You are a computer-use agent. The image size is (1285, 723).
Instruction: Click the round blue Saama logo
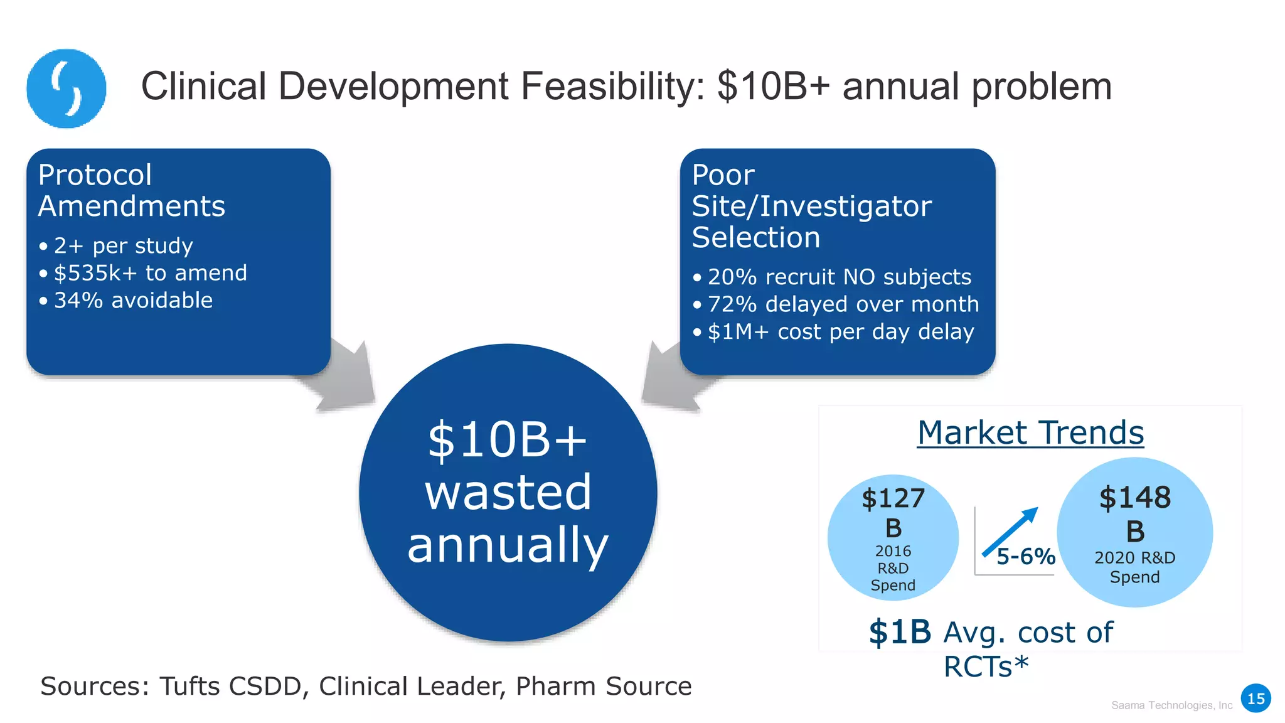click(66, 88)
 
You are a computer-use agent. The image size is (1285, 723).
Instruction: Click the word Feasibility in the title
click(612, 87)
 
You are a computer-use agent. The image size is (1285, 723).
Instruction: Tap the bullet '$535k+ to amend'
click(150, 273)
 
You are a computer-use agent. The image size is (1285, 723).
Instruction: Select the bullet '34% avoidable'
click(133, 301)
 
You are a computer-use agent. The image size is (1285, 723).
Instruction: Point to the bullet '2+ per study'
click(123, 245)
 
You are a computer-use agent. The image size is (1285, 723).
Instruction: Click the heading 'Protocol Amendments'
click(131, 190)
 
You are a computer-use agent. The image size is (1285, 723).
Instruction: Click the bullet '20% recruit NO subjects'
click(839, 277)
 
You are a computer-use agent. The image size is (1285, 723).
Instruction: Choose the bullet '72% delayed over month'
click(843, 304)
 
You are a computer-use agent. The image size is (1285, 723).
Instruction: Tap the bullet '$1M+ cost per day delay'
click(840, 332)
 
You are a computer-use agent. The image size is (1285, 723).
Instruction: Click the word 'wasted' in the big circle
click(508, 493)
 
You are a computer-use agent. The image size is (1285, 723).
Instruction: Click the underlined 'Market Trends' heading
click(1030, 433)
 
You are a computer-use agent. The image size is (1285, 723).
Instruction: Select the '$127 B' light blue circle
click(893, 537)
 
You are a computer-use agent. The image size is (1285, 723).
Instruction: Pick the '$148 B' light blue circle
click(1134, 532)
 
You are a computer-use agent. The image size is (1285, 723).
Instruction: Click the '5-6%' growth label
click(1026, 557)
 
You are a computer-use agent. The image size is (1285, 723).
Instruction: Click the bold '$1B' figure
click(900, 632)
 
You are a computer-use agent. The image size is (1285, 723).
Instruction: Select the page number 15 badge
click(1256, 699)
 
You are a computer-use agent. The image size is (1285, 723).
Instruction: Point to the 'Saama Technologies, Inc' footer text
click(1171, 705)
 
